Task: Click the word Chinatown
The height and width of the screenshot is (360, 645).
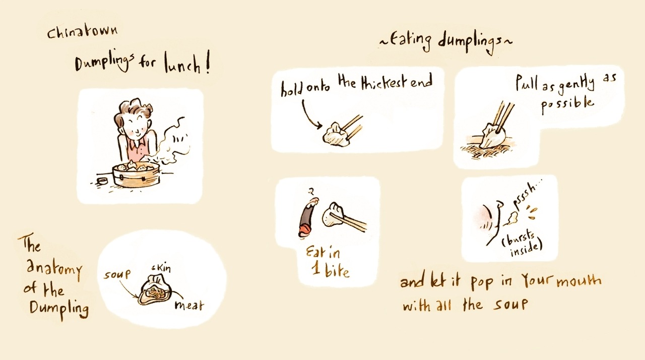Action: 82,32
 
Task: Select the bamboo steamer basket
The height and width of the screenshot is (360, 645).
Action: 136,174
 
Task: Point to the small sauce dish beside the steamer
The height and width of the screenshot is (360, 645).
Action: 102,181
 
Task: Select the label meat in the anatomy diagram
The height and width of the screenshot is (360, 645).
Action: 189,305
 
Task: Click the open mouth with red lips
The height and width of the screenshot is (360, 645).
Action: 307,217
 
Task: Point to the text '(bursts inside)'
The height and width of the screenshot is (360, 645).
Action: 523,244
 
